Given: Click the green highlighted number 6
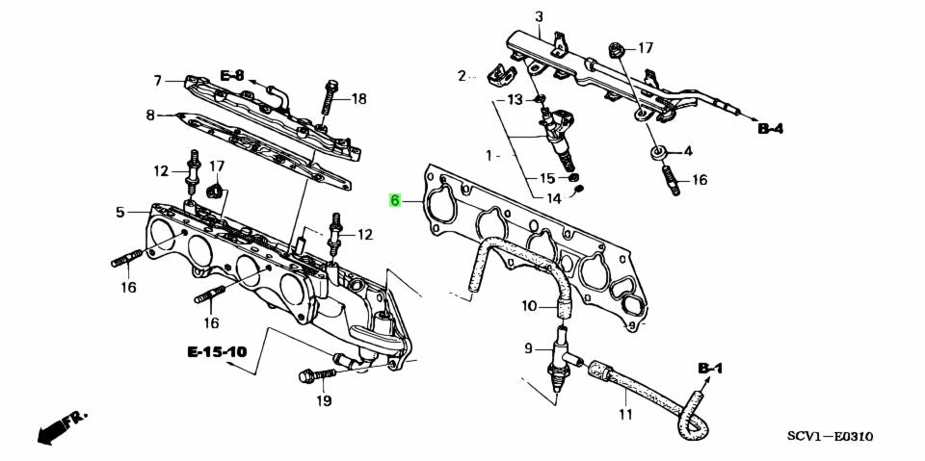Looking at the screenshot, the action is click(x=395, y=201).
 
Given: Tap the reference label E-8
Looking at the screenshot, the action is click(x=232, y=75).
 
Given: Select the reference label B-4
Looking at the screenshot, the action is click(x=771, y=129).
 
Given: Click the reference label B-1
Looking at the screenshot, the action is click(x=710, y=369).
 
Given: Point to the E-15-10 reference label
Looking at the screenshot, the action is click(x=217, y=352).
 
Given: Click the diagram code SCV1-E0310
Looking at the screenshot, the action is click(x=830, y=437).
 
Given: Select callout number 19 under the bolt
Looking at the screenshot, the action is click(x=324, y=401).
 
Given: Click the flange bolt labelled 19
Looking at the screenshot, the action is click(x=317, y=375).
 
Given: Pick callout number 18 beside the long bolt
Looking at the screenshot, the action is click(x=358, y=99).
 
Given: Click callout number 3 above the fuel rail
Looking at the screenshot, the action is click(x=539, y=17).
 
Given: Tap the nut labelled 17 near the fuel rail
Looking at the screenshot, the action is click(x=615, y=52).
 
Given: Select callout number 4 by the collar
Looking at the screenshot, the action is click(x=687, y=151).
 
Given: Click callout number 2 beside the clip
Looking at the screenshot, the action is click(x=462, y=75).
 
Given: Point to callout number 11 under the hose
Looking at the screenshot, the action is click(x=625, y=414).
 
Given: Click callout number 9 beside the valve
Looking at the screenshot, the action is click(x=529, y=348).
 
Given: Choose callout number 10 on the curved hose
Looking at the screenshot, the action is click(x=529, y=305).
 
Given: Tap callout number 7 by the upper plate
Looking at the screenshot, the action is click(x=157, y=81).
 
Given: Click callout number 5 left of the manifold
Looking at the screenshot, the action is click(x=120, y=212).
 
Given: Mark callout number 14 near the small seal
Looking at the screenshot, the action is click(x=553, y=198).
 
